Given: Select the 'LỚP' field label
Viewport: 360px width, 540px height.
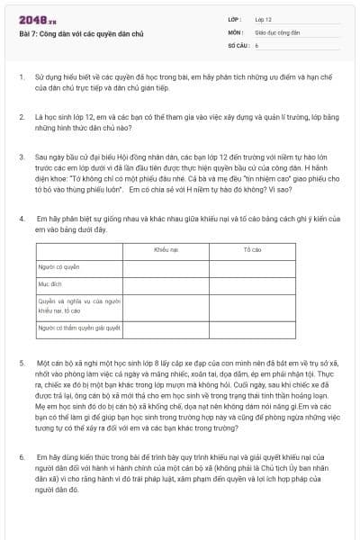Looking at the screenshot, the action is point(233,18).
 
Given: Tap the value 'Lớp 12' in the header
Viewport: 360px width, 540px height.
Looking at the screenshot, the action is point(263,18).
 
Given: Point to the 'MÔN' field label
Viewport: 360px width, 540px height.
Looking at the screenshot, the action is point(234,31).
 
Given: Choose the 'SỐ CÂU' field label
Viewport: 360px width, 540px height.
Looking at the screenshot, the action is point(237,43).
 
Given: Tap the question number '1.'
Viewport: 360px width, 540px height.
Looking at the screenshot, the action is point(22,77).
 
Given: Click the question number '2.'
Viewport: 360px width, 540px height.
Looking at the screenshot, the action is point(22,117).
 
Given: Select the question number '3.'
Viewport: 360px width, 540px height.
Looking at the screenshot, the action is point(22,157).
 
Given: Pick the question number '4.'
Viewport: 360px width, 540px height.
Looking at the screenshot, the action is point(22,219).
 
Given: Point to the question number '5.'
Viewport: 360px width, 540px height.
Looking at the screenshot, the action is point(22,362).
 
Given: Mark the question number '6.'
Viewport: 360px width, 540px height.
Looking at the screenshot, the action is point(22,457).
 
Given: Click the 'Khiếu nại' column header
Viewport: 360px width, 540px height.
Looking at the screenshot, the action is point(166,248).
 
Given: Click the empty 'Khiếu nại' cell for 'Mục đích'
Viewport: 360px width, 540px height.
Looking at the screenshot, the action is point(166,284).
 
